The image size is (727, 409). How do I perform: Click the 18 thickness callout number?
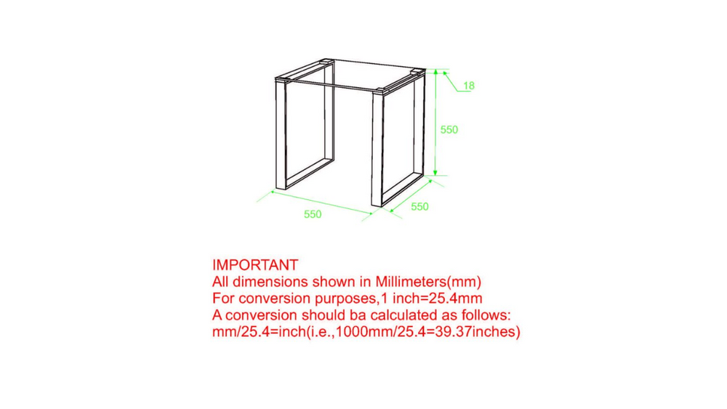click(x=469, y=86)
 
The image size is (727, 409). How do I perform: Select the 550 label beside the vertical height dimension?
click(x=449, y=130)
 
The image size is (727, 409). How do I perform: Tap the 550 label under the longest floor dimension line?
click(x=313, y=214)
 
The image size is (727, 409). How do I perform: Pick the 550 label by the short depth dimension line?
click(x=419, y=206)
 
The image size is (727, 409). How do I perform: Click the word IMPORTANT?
click(x=255, y=265)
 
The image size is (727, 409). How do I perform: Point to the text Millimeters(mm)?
click(x=428, y=282)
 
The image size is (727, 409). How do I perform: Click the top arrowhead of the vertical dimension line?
click(x=435, y=73)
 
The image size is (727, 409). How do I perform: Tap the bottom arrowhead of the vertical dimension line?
click(x=435, y=172)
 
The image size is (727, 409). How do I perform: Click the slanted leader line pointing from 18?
click(x=451, y=81)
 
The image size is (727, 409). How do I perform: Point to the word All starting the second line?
click(x=221, y=282)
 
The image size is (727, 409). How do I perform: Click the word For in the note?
click(x=223, y=299)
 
